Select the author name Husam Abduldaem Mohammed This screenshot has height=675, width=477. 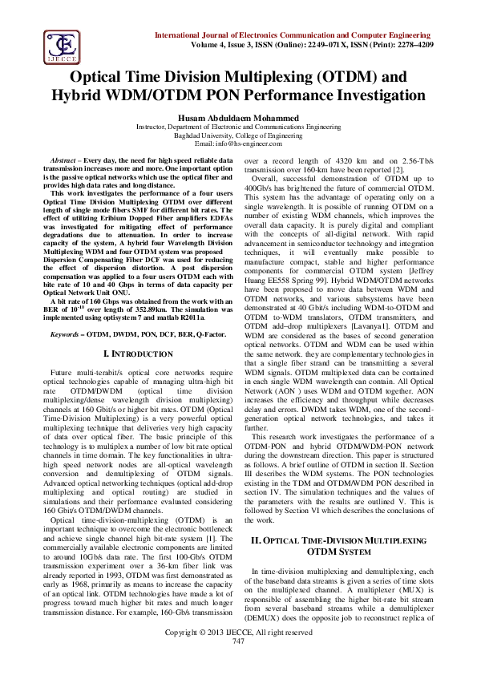pos(239,118)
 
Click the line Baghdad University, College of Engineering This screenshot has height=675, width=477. pos(239,135)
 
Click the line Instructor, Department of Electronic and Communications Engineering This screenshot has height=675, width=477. pos(239,127)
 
